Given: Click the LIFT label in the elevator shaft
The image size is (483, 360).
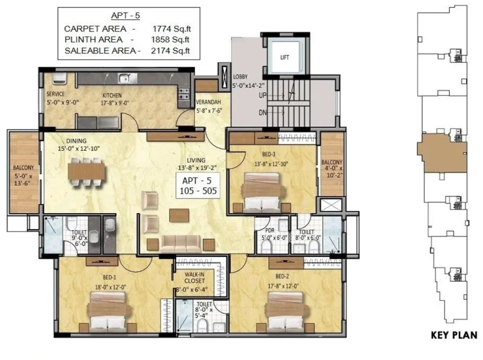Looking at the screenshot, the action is pyautogui.click(x=284, y=57).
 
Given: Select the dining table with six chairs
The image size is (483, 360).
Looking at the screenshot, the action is pyautogui.click(x=86, y=172).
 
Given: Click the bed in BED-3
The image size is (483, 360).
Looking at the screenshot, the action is pyautogui.click(x=262, y=192).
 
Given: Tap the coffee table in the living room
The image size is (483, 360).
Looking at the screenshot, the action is pyautogui.click(x=179, y=215).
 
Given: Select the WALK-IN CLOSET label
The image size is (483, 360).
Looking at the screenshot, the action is pyautogui.click(x=194, y=278).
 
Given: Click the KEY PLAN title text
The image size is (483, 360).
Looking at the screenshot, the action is pyautogui.click(x=454, y=335).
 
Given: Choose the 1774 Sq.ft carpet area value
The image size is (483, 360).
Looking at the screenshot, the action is pyautogui.click(x=172, y=28).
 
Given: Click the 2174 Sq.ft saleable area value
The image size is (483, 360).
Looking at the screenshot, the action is pyautogui.click(x=170, y=50).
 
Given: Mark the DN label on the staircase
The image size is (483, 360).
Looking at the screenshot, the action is pyautogui.click(x=262, y=113).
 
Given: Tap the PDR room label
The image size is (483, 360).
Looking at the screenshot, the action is pyautogui.click(x=270, y=230).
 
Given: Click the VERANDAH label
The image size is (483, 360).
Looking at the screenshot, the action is pyautogui.click(x=209, y=102).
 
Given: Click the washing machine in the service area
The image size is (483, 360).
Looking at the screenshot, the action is pyautogui.click(x=59, y=78).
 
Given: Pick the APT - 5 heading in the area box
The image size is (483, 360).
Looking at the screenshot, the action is pyautogui.click(x=126, y=16).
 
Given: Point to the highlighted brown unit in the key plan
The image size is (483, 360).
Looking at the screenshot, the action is pyautogui.click(x=442, y=153).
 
